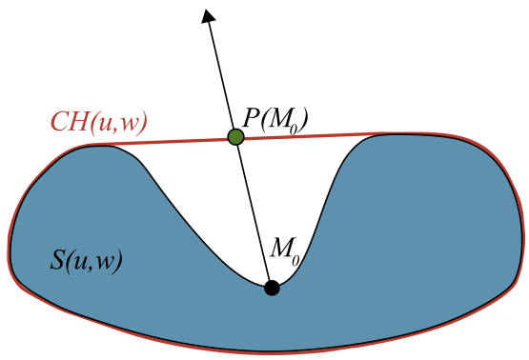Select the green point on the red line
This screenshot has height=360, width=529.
pyautogui.click(x=236, y=138)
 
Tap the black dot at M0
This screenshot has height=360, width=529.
pyautogui.click(x=272, y=287)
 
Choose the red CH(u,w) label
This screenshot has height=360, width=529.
pyautogui.click(x=98, y=123)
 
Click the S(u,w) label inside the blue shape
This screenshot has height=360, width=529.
pyautogui.click(x=86, y=260)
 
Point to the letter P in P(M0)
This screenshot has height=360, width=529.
pyautogui.click(x=251, y=117)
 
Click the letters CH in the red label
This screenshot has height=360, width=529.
pyautogui.click(x=68, y=123)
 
